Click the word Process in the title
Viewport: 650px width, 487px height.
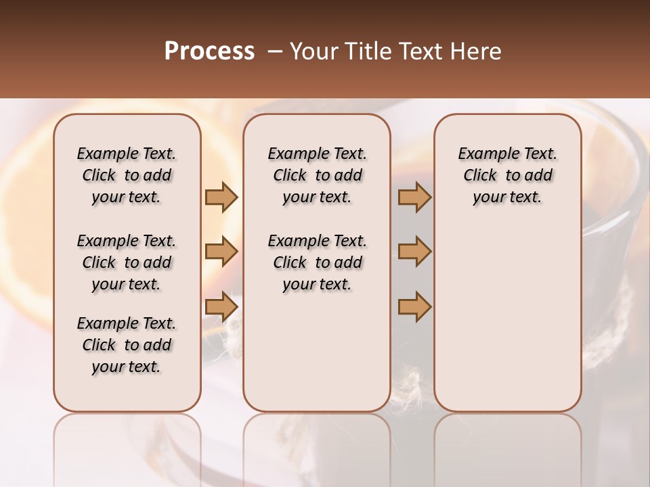point(209,51)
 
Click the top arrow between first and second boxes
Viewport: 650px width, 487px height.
point(221,197)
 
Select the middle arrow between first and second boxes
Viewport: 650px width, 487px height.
point(221,252)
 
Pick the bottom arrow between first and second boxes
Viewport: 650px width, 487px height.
point(221,307)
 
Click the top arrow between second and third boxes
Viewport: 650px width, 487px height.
point(414,197)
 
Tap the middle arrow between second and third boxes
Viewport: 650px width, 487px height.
point(414,252)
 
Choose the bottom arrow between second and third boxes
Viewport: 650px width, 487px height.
point(414,307)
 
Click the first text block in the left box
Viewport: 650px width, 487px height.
point(127,175)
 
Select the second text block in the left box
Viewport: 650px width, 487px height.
point(127,262)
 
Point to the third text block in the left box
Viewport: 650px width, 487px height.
point(127,345)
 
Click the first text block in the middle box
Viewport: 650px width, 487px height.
point(317,175)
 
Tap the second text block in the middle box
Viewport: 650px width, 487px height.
point(317,262)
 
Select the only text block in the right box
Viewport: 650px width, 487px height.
point(507,175)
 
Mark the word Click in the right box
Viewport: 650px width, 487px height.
point(480,175)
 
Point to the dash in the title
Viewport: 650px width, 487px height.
point(274,51)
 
